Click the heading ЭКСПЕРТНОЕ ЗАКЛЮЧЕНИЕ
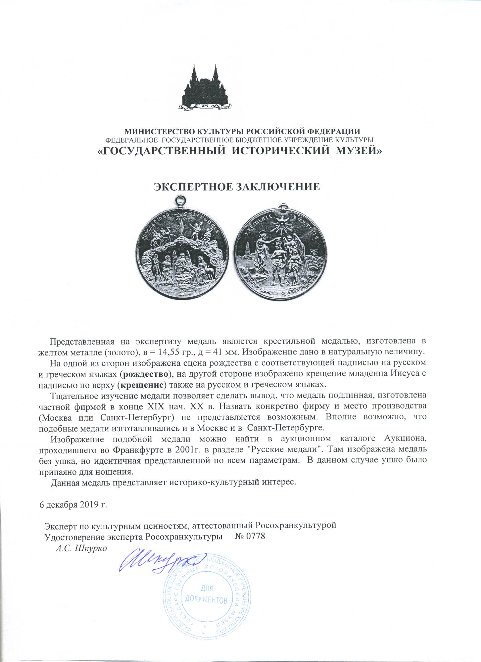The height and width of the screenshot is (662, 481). click(x=237, y=187)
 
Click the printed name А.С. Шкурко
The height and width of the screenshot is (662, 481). click(x=81, y=548)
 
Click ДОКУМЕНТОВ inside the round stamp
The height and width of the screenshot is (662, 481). click(x=206, y=599)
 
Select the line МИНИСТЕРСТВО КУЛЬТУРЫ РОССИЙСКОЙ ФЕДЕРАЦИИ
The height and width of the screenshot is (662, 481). click(x=242, y=131)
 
